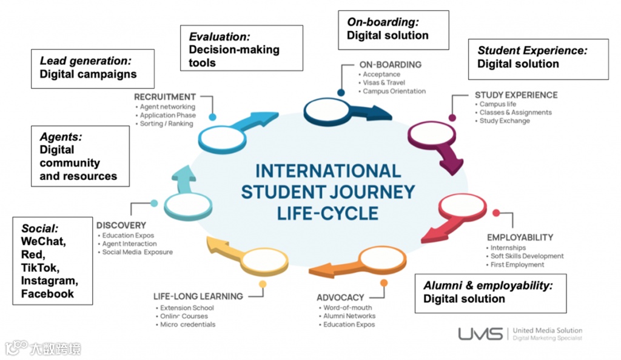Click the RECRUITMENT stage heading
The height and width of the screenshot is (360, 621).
pos(165,96)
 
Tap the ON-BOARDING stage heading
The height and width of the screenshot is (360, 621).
pos(390,64)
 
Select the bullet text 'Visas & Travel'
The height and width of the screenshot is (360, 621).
pos(384,82)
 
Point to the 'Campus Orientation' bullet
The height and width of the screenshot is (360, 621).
pos(394,91)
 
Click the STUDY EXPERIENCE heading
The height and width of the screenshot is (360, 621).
pos(516,95)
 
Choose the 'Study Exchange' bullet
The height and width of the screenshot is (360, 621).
pos(505,121)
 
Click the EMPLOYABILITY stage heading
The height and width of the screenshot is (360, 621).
pos(520,238)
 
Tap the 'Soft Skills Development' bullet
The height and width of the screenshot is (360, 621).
pos(527,256)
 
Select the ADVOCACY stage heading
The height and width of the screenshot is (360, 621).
pos(340,298)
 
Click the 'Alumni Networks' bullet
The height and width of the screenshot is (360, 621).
pos(349,316)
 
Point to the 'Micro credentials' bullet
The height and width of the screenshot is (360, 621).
pos(188,324)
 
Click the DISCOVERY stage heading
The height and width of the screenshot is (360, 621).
pos(121,225)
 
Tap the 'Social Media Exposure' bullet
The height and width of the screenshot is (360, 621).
pos(137,252)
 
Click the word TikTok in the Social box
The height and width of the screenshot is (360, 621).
pos(40,267)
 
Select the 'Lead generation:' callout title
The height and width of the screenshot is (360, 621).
pos(86,61)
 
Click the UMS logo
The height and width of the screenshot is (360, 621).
pos(480,334)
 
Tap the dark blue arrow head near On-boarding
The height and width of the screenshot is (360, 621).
pos(381,113)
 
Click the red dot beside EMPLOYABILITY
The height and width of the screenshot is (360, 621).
pos(496,213)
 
